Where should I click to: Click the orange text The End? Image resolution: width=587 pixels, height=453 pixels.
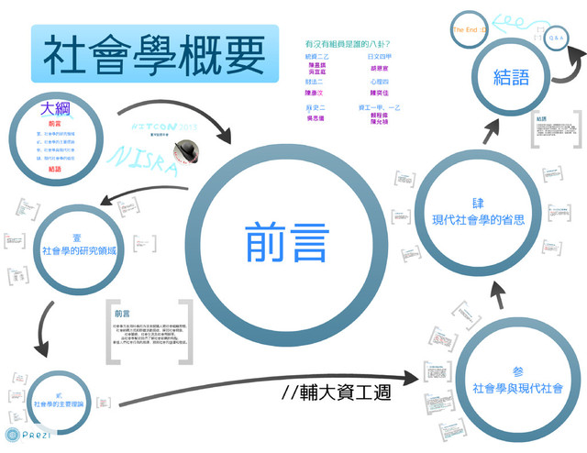tap(469, 30)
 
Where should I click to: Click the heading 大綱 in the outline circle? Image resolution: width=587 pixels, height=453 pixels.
tap(56, 108)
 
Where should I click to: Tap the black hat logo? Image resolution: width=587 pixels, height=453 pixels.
tap(189, 148)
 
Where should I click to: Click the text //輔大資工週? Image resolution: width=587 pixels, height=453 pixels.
tap(338, 392)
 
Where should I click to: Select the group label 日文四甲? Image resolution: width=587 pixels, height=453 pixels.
tap(380, 57)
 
